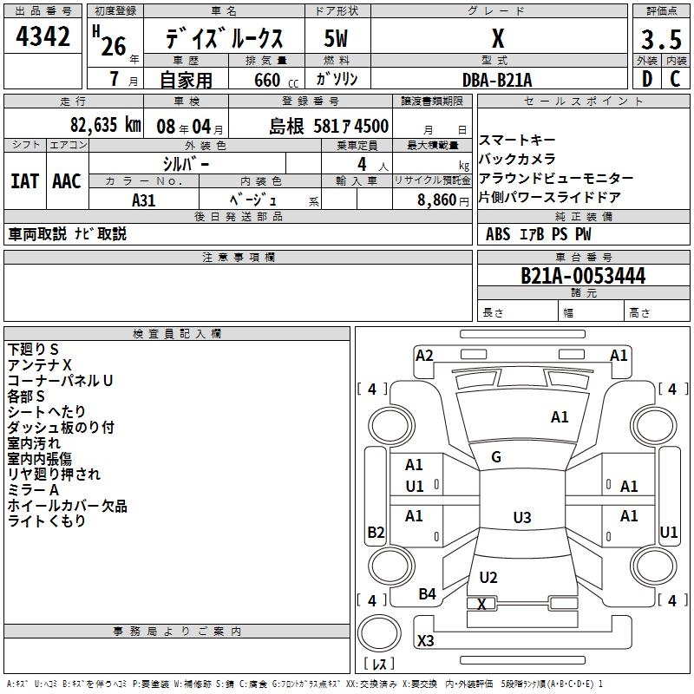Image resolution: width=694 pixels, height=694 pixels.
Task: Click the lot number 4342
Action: click(43, 36)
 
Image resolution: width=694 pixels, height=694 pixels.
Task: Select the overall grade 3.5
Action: click(661, 39)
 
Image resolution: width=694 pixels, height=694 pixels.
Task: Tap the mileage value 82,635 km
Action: click(105, 125)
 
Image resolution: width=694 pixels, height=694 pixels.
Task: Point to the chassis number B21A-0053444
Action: click(583, 275)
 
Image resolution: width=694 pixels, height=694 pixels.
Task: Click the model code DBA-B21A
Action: click(497, 80)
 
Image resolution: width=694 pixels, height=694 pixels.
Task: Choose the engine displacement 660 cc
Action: click(276, 80)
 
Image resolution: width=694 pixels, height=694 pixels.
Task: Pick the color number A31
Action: click(143, 200)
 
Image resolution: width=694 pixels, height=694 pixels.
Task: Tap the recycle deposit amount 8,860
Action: click(437, 200)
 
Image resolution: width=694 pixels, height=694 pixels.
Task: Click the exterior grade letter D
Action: click(647, 79)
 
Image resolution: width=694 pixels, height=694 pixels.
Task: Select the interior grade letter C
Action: click(675, 79)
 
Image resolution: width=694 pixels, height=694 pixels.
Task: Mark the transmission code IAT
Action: click(24, 181)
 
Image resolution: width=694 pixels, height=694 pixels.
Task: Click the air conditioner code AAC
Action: click(67, 181)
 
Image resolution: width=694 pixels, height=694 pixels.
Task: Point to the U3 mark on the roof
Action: click(522, 517)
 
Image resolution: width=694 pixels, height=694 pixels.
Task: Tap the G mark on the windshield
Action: click(496, 457)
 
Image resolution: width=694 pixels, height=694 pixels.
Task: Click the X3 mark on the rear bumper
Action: click(425, 640)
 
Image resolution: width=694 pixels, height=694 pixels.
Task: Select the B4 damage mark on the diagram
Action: click(427, 593)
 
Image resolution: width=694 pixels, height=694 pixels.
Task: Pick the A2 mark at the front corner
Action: click(424, 356)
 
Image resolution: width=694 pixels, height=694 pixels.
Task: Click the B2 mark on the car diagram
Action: click(376, 532)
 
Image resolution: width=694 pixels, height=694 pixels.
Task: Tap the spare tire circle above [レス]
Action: click(379, 633)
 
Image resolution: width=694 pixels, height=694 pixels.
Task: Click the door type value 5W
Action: click(336, 38)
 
